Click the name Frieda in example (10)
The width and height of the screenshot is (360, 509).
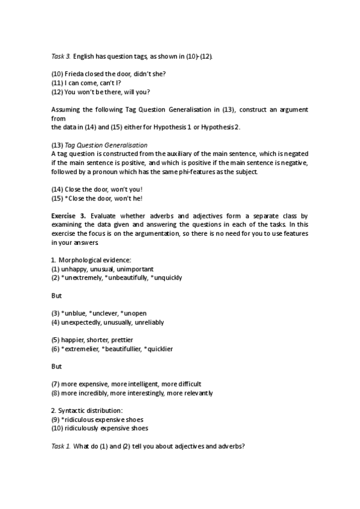point(74,74)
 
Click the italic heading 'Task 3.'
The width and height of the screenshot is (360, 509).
point(61,56)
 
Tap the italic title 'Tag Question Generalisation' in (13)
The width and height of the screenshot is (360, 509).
point(106,145)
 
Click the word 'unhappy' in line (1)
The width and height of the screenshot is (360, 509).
point(75,269)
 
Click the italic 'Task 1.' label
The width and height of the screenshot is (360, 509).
point(61,447)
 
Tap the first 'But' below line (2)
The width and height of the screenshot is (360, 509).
point(56,295)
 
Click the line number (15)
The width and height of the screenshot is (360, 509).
point(57,199)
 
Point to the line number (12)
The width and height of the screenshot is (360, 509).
point(57,92)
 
